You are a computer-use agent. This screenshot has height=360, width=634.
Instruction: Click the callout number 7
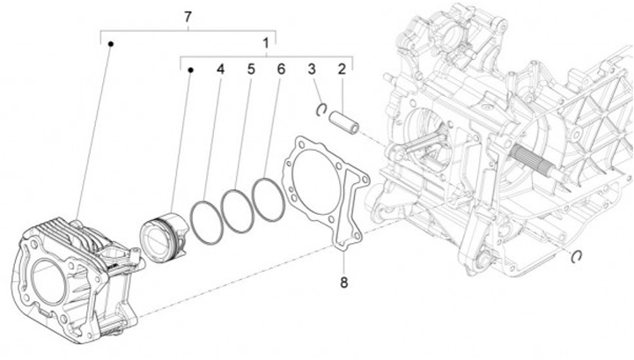point(187,18)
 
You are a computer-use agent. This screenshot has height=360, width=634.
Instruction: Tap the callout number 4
point(220,69)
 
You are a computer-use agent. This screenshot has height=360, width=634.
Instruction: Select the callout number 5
point(250,69)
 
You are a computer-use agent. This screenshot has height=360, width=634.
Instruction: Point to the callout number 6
point(280,69)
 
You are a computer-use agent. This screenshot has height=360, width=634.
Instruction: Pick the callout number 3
point(311,69)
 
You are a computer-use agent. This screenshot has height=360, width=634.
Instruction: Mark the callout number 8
point(343,283)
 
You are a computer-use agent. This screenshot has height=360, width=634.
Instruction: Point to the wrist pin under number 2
point(343,123)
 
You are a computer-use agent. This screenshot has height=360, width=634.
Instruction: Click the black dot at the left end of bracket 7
point(107,42)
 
